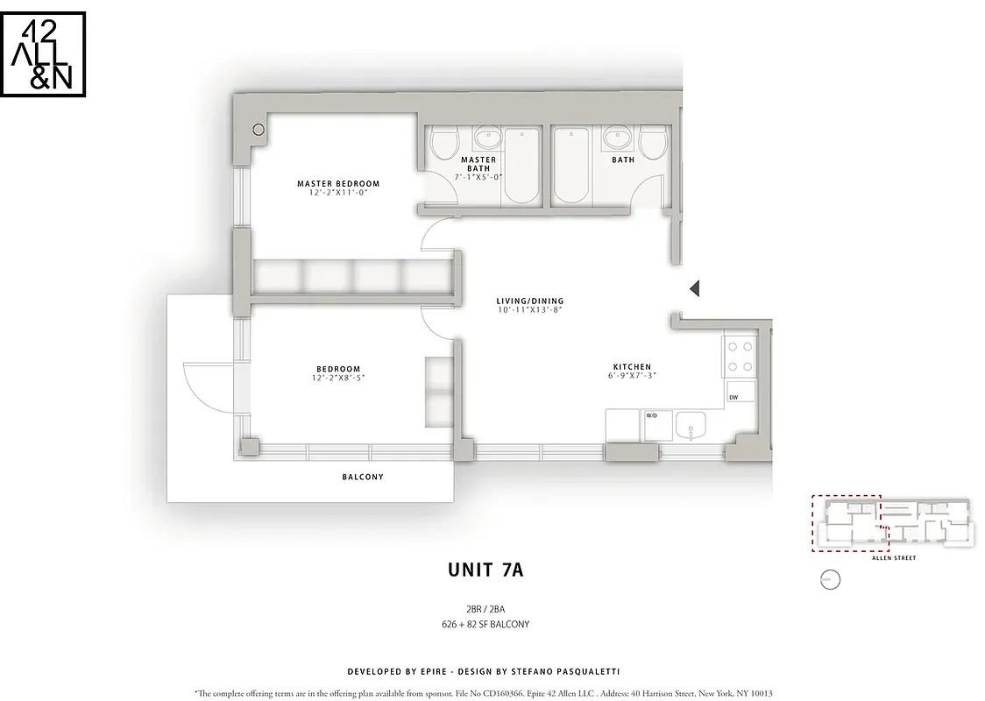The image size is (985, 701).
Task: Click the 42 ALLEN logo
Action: pos(43,53)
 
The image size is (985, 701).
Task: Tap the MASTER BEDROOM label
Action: pos(338,184)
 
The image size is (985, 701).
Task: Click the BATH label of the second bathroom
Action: pos(623,160)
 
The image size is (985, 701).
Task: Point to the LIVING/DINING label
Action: pos(530,301)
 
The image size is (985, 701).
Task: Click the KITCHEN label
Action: pos(632,367)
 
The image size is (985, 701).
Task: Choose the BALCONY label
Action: pos(363,478)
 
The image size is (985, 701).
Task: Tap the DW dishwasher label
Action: pos(734,397)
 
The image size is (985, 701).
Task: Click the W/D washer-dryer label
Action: pos(652,415)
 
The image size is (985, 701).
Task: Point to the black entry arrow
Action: pos(694,288)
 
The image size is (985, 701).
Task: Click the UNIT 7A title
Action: pos(485,570)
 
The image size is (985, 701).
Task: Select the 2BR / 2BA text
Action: pos(485,609)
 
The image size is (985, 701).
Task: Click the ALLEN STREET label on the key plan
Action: pos(893,557)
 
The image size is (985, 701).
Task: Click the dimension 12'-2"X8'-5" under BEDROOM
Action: pos(338,379)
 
